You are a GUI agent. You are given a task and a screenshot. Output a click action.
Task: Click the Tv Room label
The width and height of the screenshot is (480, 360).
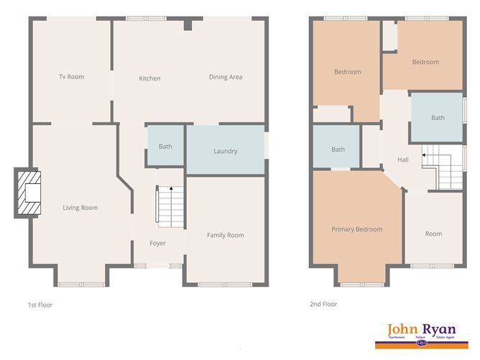click(x=72, y=77)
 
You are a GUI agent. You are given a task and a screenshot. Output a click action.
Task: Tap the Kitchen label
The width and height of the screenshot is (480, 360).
click(x=149, y=78)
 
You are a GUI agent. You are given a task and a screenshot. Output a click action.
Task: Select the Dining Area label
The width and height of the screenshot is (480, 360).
click(x=226, y=78)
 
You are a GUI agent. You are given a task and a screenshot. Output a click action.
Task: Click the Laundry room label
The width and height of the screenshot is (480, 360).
click(x=225, y=151)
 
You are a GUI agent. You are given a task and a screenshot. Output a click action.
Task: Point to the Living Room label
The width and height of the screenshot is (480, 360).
click(x=80, y=208)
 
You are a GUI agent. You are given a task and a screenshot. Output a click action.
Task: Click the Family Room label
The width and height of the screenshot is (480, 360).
click(x=225, y=235)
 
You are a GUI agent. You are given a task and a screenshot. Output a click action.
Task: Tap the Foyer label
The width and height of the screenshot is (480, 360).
click(x=157, y=243)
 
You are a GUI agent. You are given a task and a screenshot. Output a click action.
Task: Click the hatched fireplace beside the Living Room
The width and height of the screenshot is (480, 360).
click(x=30, y=193)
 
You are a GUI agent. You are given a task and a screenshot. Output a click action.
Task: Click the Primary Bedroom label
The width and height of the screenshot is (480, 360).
click(x=356, y=229)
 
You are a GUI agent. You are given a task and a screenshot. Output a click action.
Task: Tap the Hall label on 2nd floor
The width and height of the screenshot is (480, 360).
click(x=402, y=160)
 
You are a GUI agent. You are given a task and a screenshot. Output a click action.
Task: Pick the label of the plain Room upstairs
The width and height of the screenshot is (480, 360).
click(x=433, y=234)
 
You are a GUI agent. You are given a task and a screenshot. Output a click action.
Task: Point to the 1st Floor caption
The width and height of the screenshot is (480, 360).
click(x=40, y=305)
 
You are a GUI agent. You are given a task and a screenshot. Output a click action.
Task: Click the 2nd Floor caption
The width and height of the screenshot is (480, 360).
click(x=324, y=305)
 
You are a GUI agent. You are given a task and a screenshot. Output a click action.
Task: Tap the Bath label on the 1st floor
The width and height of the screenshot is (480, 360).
click(x=165, y=147)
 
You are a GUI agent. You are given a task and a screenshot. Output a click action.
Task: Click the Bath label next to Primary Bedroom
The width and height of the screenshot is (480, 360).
click(x=338, y=149)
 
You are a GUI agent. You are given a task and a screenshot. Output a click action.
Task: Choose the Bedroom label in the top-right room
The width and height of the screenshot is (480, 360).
click(x=425, y=62)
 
